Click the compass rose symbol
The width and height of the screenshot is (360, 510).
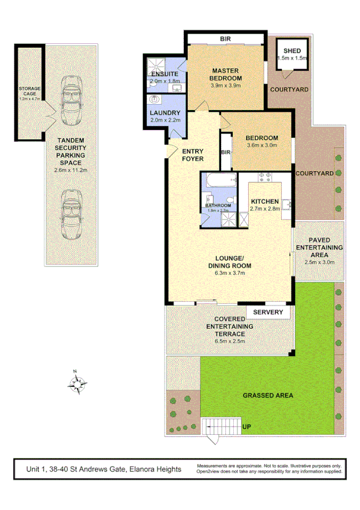pos(78,382)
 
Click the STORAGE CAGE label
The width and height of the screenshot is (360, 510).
pos(29,91)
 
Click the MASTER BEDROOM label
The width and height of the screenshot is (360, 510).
pos(225,75)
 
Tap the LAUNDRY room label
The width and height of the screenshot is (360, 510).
pos(165,113)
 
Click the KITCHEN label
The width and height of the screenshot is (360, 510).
pos(264,201)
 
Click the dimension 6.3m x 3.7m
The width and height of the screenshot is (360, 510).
pos(229,273)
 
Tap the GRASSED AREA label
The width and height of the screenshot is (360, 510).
pos(267,395)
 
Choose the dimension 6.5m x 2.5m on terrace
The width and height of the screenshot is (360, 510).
pos(229,341)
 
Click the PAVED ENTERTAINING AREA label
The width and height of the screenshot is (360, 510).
pos(319,247)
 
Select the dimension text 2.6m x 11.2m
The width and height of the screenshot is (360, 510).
pos(71,171)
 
